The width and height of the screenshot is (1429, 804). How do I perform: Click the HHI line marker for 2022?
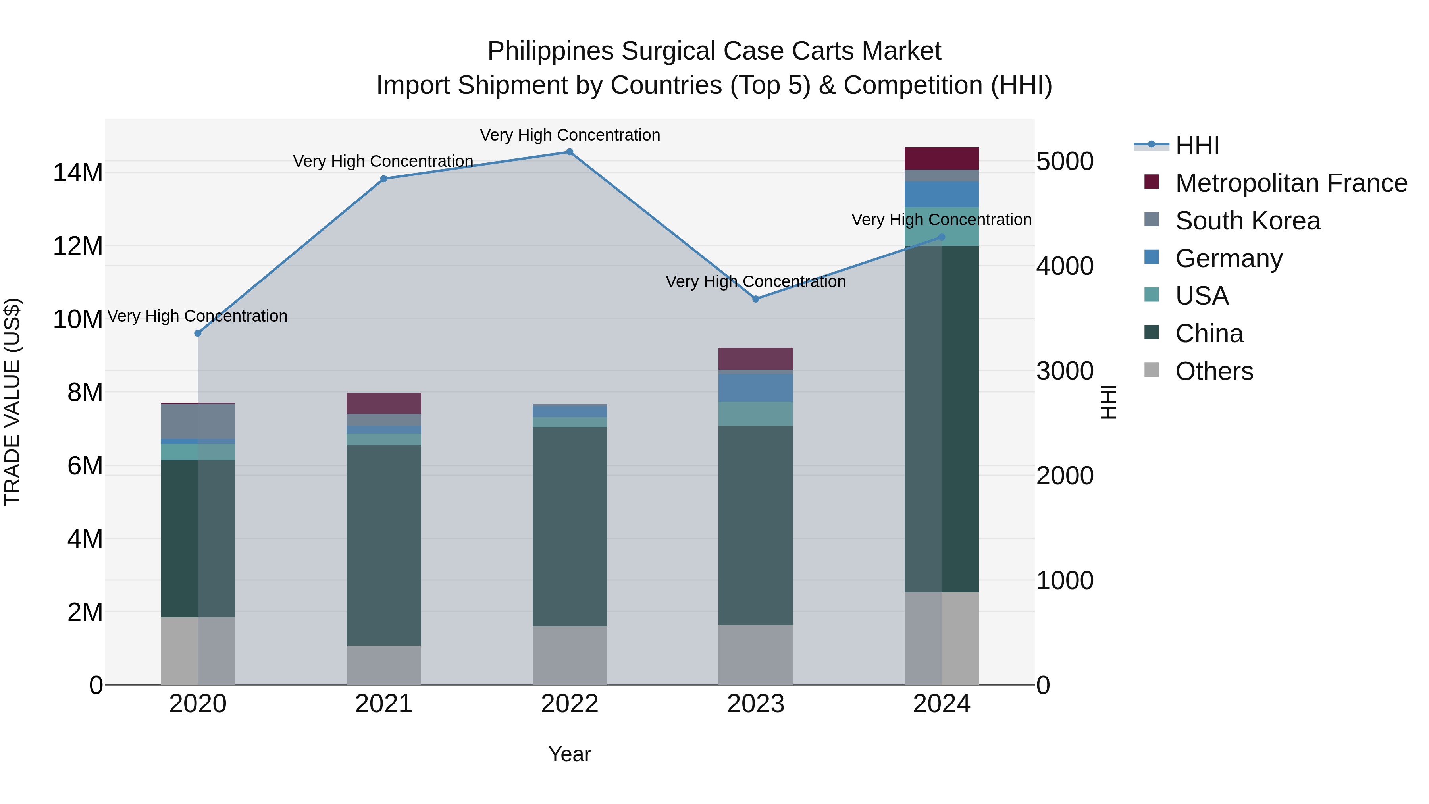(x=569, y=152)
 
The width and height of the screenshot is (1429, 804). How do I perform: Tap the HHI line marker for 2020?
(x=198, y=333)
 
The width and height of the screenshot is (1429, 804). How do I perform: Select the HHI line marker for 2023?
(x=755, y=299)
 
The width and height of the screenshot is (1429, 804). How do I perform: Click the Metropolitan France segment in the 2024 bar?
(x=942, y=159)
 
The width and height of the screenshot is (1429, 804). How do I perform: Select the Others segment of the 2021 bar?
(x=383, y=665)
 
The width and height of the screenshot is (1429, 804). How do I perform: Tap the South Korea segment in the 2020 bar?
(x=198, y=421)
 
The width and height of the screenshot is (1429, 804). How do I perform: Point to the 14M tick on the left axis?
(x=78, y=173)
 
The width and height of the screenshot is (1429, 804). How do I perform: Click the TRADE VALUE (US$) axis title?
(x=12, y=402)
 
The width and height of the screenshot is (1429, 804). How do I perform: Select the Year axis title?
(x=569, y=754)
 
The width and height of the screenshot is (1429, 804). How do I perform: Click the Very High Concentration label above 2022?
(x=569, y=135)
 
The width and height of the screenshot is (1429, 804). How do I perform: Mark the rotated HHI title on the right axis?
(x=1108, y=402)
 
